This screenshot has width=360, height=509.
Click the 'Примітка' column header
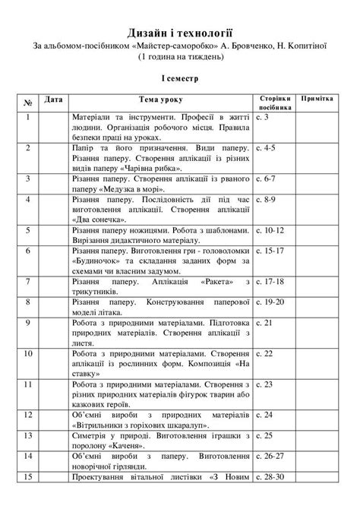point(318,100)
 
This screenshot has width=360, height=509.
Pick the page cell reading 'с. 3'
point(263,118)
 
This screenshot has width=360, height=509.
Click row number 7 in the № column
point(28,281)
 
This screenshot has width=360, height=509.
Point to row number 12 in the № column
point(28,416)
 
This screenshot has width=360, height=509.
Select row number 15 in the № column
point(28,498)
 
